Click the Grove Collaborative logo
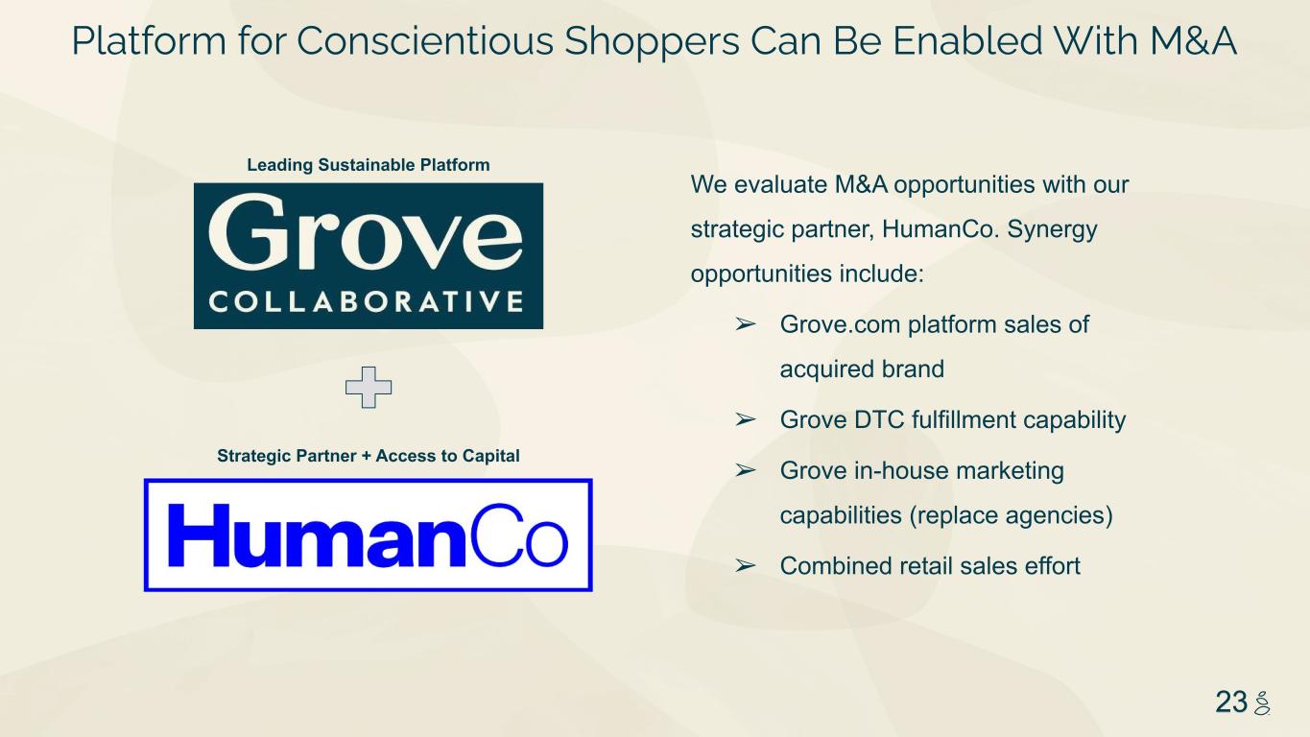click(x=369, y=255)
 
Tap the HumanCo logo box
click(x=369, y=535)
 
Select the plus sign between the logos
click(x=369, y=388)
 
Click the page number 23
click(x=1231, y=701)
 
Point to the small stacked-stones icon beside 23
click(x=1262, y=702)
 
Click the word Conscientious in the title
click(x=425, y=41)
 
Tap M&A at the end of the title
click(x=1193, y=41)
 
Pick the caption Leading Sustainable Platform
click(x=369, y=165)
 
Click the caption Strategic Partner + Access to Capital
click(x=369, y=456)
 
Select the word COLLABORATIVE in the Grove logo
click(x=366, y=302)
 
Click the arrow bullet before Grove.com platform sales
click(x=746, y=324)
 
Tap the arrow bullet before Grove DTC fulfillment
click(x=746, y=419)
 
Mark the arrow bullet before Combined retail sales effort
click(x=746, y=565)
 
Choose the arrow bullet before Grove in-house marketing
click(x=746, y=470)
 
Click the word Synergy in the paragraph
click(x=1052, y=230)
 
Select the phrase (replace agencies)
click(x=1012, y=516)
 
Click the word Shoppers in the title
click(x=652, y=42)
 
